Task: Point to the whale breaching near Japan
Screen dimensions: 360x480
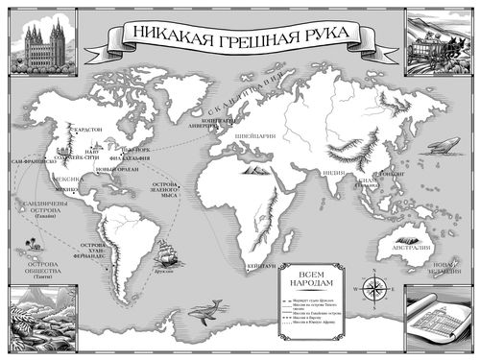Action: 444,146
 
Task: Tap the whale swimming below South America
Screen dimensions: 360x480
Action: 204,310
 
